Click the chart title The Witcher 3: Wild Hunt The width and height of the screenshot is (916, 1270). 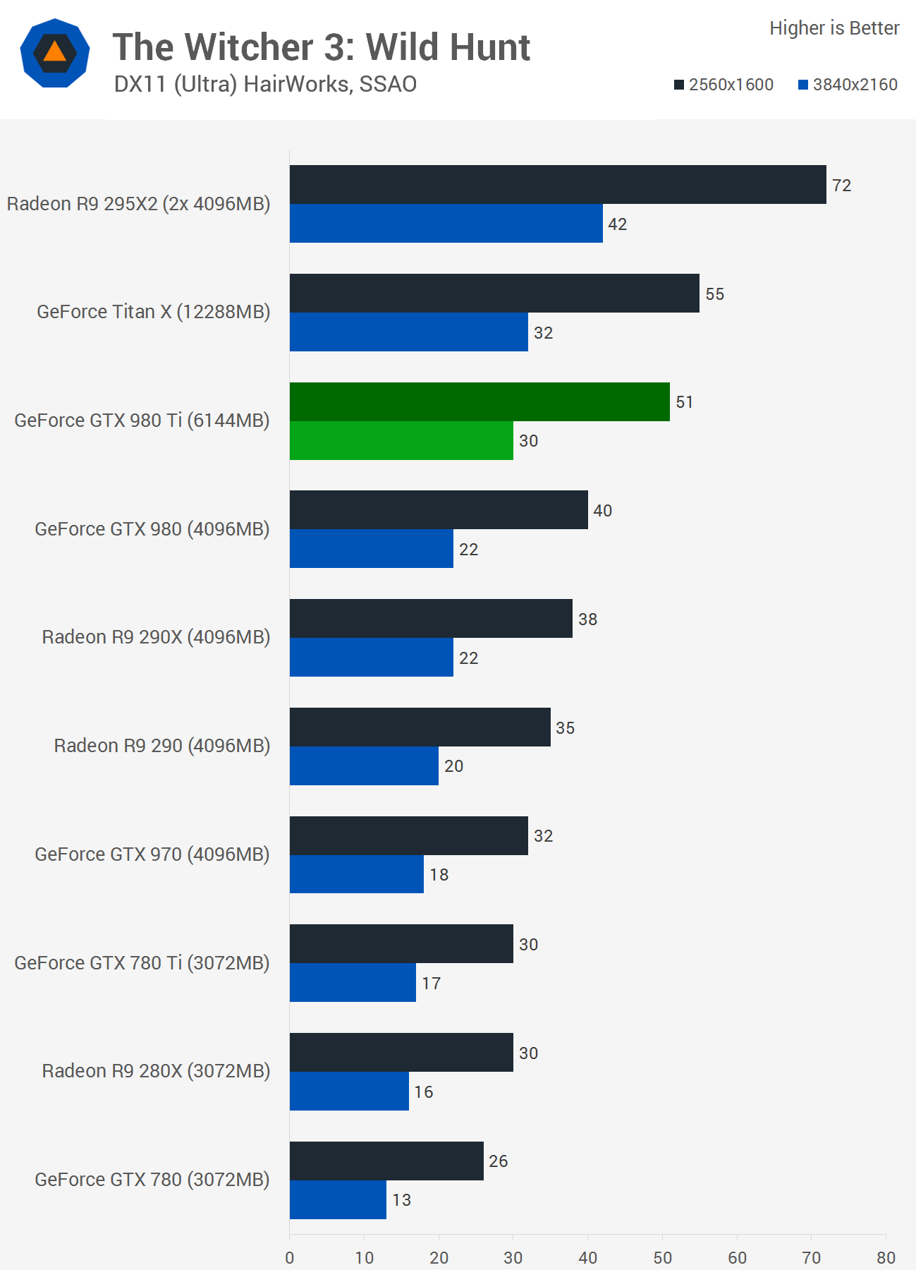point(322,47)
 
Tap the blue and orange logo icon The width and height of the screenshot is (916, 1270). point(55,53)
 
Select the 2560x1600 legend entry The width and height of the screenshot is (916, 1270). point(723,85)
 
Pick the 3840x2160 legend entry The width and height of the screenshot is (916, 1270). point(848,85)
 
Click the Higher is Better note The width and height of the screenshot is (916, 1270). point(834,28)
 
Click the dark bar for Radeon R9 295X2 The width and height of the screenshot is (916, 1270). point(557,185)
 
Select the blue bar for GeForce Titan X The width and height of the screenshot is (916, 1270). point(408,332)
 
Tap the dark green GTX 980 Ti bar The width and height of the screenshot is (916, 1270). point(480,402)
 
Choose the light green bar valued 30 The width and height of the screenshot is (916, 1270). point(401,441)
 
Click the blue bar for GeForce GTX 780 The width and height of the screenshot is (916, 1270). point(338,1199)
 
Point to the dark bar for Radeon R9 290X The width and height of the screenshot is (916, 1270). point(431,619)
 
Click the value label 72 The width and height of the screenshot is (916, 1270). point(841,186)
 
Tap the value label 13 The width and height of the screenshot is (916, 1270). point(401,1200)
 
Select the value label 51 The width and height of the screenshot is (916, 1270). point(684,402)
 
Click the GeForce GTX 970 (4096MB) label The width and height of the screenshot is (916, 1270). point(152,854)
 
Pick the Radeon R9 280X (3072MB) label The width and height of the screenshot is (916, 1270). point(156,1071)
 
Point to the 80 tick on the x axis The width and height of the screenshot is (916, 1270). point(886,1257)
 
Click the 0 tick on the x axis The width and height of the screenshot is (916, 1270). point(290,1257)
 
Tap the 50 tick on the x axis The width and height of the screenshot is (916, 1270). point(662,1257)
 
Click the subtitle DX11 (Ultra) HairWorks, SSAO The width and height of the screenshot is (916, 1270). point(265,84)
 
